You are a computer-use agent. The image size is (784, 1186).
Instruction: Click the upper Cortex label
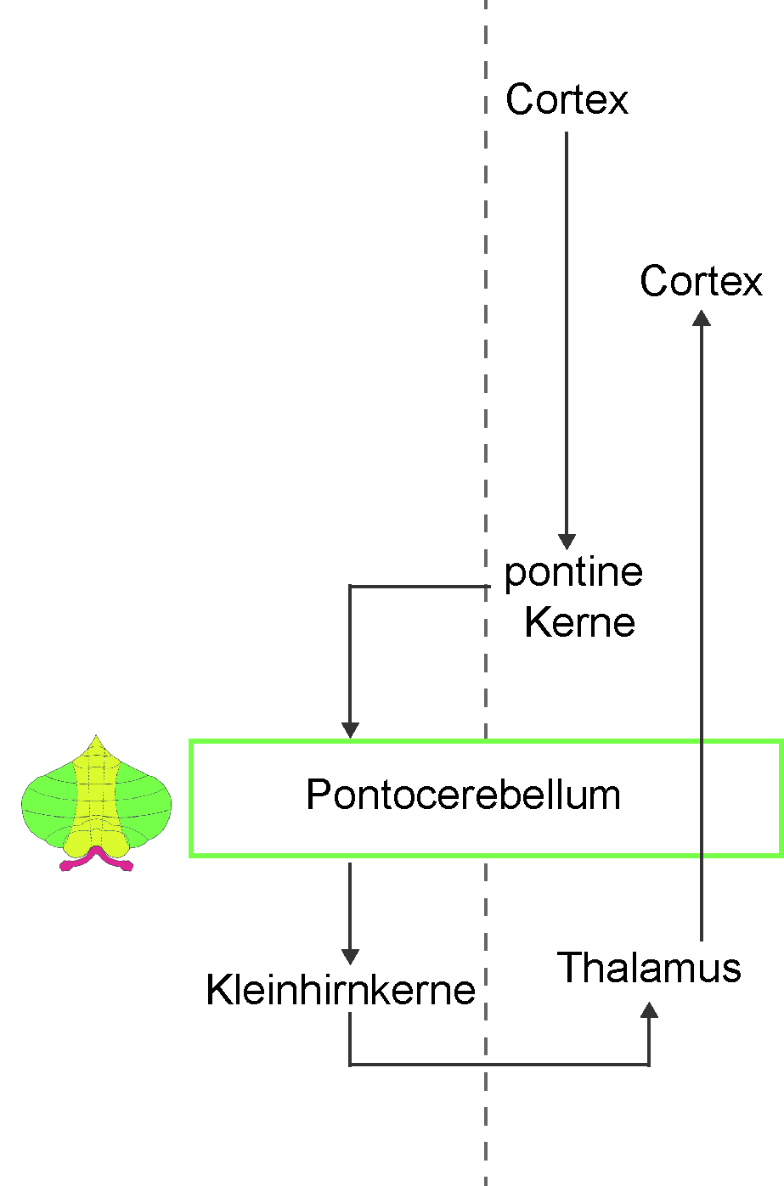click(x=567, y=99)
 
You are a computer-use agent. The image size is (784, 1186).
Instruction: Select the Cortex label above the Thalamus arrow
click(x=701, y=281)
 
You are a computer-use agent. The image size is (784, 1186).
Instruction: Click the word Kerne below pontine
click(x=579, y=622)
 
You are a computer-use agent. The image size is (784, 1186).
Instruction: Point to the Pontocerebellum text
click(x=463, y=795)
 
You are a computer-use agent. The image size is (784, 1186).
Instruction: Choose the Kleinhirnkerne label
click(x=341, y=990)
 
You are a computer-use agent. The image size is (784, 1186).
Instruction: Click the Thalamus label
click(x=649, y=967)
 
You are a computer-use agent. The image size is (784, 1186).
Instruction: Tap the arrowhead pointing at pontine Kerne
click(x=567, y=541)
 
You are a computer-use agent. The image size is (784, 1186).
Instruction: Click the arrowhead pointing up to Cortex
click(x=702, y=318)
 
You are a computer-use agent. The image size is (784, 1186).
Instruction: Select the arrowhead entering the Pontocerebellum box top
click(x=350, y=729)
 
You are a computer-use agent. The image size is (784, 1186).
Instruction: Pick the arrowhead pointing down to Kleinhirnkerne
click(x=350, y=957)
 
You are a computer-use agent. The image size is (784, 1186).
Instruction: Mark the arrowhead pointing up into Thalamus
click(x=649, y=1009)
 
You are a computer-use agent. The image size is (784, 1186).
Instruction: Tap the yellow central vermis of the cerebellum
click(x=96, y=800)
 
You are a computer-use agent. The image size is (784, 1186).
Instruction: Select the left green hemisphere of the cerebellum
click(x=48, y=804)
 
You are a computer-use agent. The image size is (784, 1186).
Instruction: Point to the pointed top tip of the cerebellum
click(x=96, y=735)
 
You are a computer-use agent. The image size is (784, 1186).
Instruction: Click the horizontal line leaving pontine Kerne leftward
click(x=420, y=586)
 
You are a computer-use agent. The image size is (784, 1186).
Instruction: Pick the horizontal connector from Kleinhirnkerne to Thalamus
click(x=499, y=1065)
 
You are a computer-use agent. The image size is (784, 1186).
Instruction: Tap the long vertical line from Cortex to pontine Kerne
click(x=567, y=333)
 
